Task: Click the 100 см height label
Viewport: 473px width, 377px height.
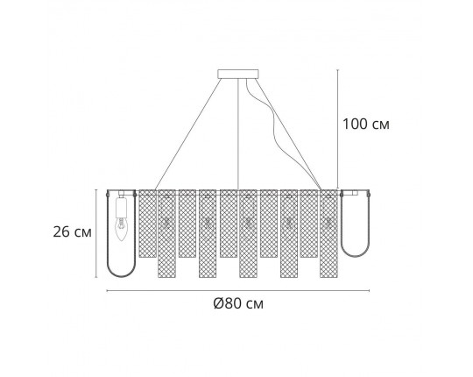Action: pyautogui.click(x=364, y=124)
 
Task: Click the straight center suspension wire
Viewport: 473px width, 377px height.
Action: pyautogui.click(x=239, y=132)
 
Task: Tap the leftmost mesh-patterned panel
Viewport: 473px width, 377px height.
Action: pyautogui.click(x=147, y=224)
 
